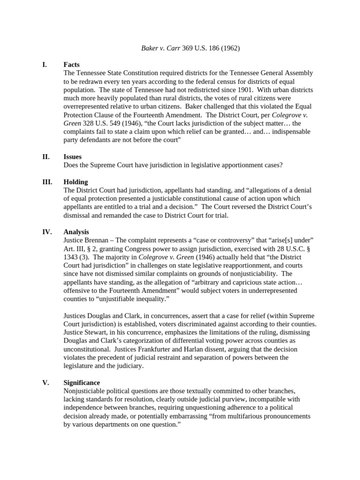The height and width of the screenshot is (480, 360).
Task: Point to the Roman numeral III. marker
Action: [46, 182]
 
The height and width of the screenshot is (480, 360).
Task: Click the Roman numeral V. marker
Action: [45, 382]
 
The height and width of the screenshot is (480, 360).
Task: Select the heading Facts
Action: [72, 65]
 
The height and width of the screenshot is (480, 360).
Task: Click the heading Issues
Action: [73, 157]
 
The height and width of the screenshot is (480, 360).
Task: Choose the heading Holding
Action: [75, 182]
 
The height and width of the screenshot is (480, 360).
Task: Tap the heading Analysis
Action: [76, 232]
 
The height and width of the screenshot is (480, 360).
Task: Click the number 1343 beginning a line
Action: [72, 257]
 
